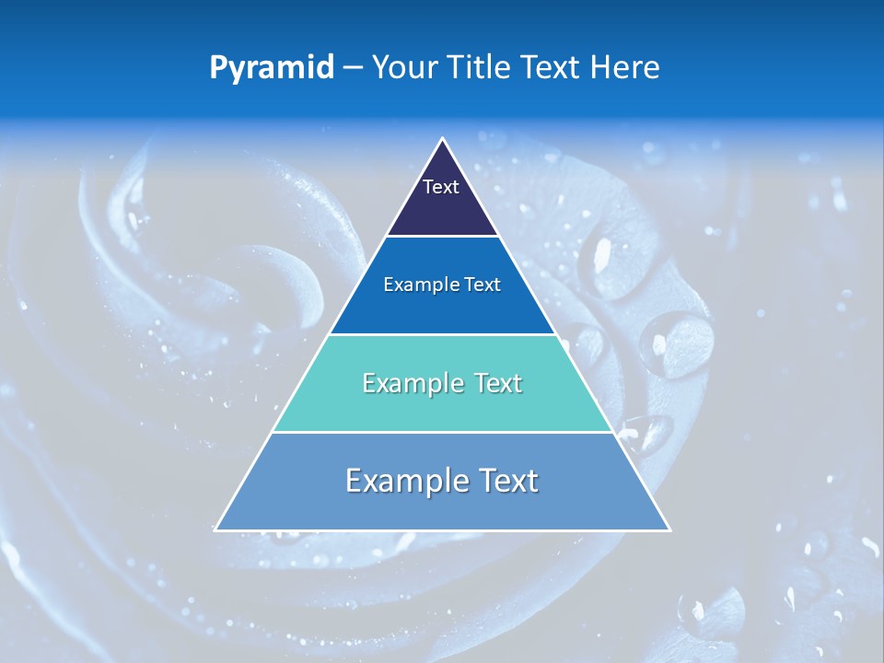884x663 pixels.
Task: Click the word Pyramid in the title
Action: click(271, 68)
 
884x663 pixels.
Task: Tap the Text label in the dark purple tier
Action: click(441, 187)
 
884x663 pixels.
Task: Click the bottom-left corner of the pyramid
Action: click(215, 529)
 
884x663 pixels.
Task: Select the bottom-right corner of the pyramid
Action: click(669, 529)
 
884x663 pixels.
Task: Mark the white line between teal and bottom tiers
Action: click(442, 432)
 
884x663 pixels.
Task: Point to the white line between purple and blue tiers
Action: click(442, 237)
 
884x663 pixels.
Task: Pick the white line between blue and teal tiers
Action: click(442, 334)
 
